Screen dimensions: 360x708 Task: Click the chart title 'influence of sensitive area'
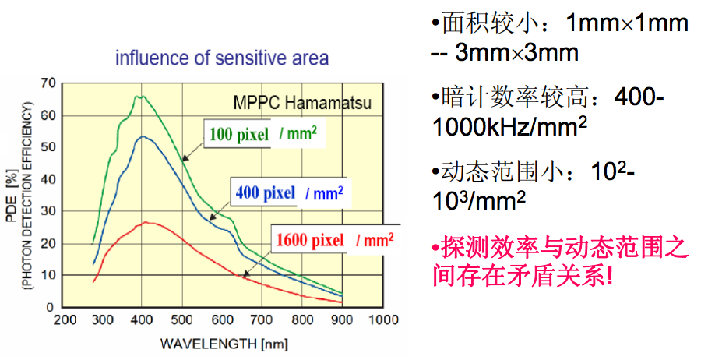coord(222,58)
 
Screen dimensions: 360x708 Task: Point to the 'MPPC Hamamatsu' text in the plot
coord(303,102)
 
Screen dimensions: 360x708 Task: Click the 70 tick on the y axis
coord(48,83)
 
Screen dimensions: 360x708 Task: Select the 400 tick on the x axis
coord(142,320)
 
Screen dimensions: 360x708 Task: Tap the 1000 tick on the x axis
coord(382,320)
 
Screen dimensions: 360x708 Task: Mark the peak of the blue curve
coord(143,136)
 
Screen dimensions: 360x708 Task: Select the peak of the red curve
coord(145,222)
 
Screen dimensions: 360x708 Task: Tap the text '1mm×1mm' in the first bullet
coord(626,23)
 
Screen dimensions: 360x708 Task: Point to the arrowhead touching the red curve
coord(244,275)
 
